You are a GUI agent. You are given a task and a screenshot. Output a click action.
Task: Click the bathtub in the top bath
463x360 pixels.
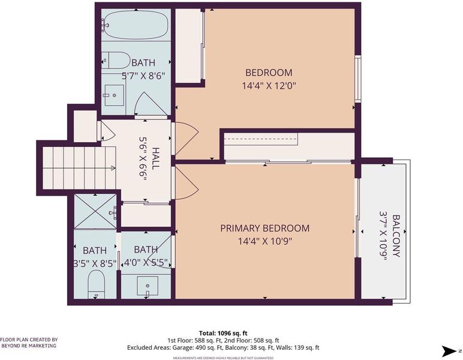coord(136,25)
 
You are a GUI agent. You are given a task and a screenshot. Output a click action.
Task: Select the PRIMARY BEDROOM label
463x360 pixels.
coord(265,228)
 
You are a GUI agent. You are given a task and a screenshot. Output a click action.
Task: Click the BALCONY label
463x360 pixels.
coord(396,236)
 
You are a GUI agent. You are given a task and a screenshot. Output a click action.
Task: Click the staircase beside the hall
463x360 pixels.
coord(79,168)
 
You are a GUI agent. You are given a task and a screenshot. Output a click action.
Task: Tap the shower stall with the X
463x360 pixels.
coord(95,211)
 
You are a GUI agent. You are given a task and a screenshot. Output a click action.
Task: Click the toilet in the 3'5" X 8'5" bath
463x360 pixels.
coord(97,285)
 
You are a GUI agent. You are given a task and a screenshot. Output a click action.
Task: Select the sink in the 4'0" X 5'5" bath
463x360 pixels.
coord(147,286)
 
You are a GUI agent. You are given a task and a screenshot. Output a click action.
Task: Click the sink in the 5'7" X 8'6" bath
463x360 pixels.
coord(113,95)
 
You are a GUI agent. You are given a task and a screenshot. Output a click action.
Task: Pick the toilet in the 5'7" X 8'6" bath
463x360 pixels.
coord(116,60)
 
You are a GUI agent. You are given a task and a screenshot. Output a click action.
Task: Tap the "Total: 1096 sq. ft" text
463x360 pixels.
coord(223,334)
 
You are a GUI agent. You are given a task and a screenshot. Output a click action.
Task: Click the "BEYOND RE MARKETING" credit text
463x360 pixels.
coord(29,346)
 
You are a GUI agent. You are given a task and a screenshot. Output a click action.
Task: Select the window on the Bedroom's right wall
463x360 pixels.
coord(358,79)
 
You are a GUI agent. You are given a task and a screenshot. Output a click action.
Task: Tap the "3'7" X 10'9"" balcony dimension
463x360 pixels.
coord(383,236)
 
